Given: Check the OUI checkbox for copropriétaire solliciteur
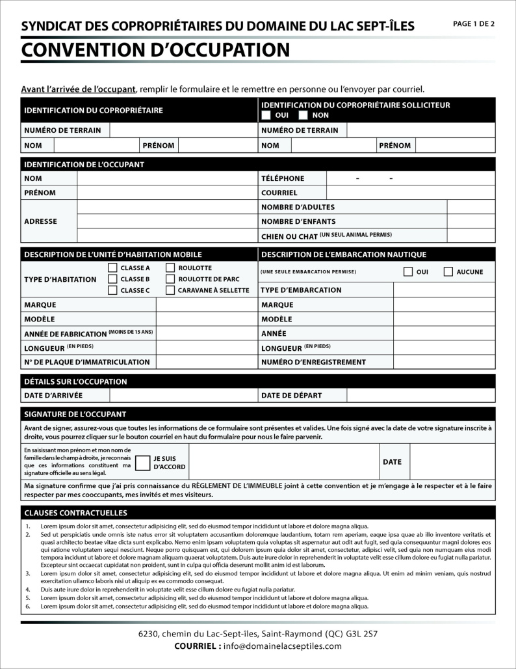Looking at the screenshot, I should (x=266, y=115).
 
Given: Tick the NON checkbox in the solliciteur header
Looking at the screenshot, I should (x=303, y=115).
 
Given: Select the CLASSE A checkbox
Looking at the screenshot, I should (x=112, y=267).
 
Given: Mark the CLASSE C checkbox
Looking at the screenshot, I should (x=112, y=290).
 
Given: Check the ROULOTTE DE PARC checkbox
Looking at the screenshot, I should (x=170, y=279).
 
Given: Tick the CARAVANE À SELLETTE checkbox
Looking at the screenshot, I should (x=170, y=290).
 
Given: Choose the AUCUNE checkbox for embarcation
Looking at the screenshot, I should (x=448, y=271).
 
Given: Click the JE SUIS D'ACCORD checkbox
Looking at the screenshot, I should (x=143, y=463).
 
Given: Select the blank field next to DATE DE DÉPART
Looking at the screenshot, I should (x=420, y=395).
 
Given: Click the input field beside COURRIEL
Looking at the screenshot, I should (x=410, y=193).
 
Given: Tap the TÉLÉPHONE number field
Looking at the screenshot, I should (x=410, y=178).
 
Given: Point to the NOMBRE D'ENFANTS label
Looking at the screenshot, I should (x=298, y=221).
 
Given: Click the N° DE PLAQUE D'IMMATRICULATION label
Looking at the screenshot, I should (x=87, y=362).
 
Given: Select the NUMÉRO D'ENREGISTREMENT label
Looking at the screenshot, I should (x=313, y=362).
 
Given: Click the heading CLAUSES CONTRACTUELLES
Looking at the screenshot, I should (x=75, y=513).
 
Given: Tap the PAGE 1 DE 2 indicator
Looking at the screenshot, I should (x=474, y=24).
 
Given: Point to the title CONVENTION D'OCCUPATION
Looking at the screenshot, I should (x=155, y=49).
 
